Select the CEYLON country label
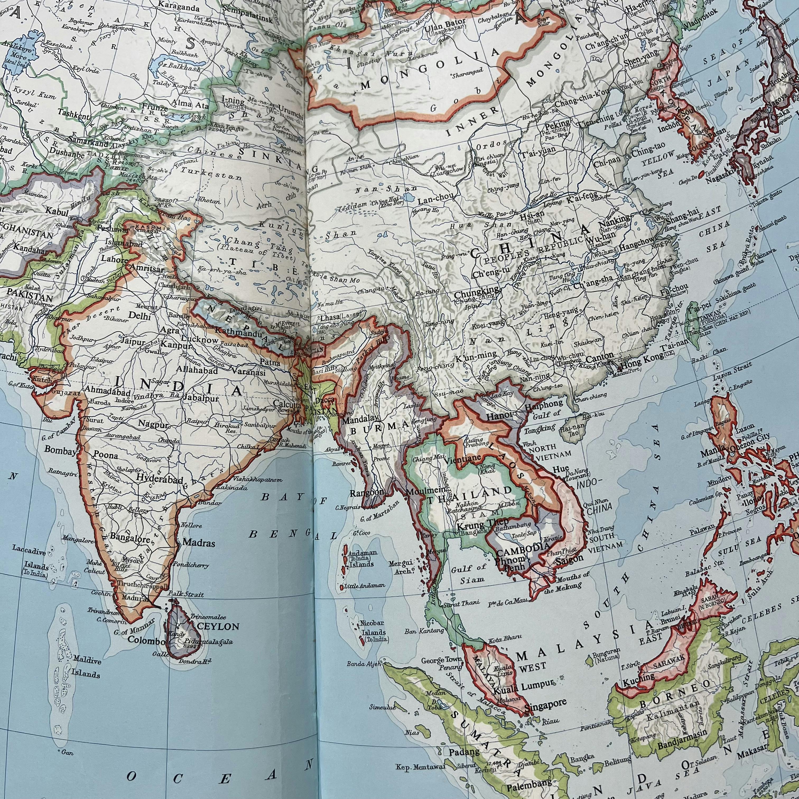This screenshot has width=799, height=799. [218, 626]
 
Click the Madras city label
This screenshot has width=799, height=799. [198, 543]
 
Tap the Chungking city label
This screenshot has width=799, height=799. [476, 294]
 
